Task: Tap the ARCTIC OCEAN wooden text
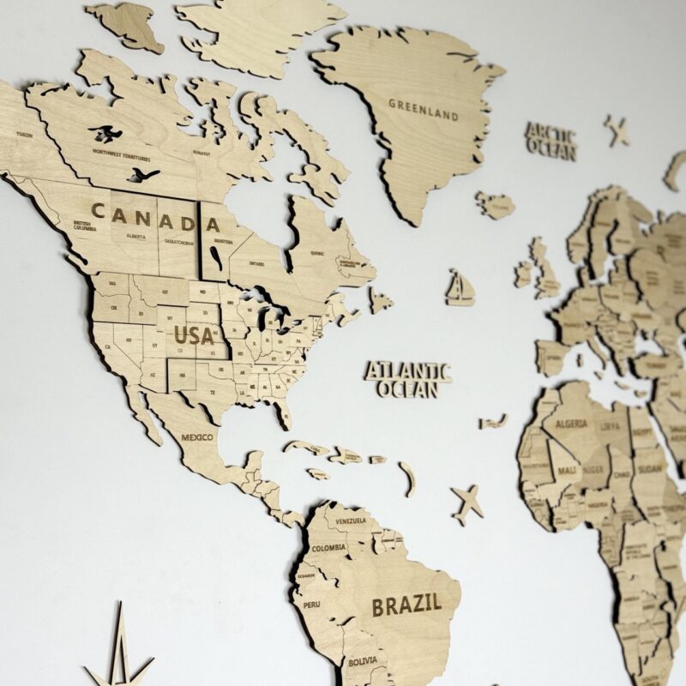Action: coord(551,141)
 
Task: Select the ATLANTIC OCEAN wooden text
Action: coord(407,380)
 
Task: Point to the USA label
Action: coord(194,335)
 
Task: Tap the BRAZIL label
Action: coord(406,604)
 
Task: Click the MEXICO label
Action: coord(196,437)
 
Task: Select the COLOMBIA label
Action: coord(328,547)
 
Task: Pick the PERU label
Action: coord(311,604)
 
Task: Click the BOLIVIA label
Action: coord(361,661)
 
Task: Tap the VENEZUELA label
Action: coord(351,521)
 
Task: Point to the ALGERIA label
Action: coord(571,424)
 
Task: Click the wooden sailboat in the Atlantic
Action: coord(460,288)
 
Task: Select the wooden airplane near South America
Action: coord(467,502)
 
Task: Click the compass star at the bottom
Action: coord(120,656)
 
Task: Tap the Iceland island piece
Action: coord(496,205)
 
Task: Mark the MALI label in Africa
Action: coord(566,471)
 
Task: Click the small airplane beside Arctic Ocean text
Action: coord(617,130)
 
